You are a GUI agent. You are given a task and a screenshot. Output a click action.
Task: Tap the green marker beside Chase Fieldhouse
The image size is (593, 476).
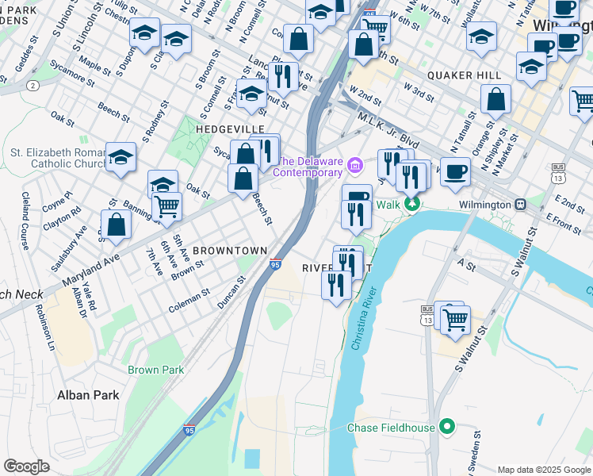coord(447,428)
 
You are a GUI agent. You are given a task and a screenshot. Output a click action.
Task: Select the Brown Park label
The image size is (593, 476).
coord(155,370)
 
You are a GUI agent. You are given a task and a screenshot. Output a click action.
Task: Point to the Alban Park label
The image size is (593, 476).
coord(87,394)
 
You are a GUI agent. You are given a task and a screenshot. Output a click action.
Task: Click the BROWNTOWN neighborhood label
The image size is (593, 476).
coord(230,250)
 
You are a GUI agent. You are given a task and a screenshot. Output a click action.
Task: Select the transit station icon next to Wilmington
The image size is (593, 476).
coord(521,204)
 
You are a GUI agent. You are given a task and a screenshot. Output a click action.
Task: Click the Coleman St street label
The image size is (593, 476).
coord(189,298)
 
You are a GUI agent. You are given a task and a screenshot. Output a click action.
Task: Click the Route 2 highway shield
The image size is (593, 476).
coord(33,85)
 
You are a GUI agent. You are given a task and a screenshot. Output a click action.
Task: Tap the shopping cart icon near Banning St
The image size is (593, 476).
coord(166,206)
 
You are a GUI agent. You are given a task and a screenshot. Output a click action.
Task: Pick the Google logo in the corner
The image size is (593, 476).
coord(26,466)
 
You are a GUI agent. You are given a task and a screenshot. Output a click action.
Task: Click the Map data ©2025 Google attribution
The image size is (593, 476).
coord(543,470)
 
